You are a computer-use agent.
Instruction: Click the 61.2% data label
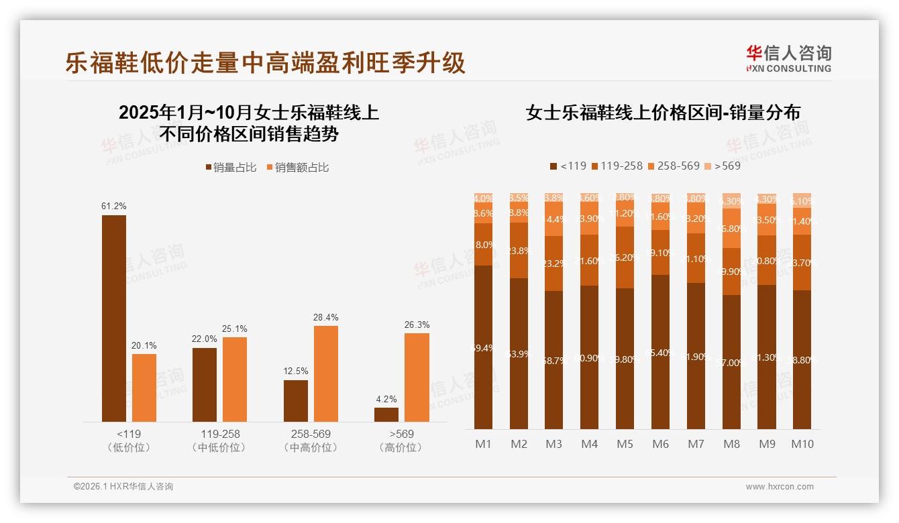pos(113,206)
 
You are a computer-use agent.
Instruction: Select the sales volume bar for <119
pos(114,318)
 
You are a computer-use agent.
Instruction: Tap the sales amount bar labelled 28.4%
pos(326,373)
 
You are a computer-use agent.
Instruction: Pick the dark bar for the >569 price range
pos(386,414)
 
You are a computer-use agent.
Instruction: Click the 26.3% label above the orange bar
pos(417,325)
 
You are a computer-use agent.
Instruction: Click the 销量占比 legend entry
pos(231,168)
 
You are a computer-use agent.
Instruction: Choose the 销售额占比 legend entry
pos(298,168)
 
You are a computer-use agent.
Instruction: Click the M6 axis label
pos(660,444)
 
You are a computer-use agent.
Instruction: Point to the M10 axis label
pos(802,444)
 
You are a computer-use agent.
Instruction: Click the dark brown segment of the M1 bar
pos(483,347)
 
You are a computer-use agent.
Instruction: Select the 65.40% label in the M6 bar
pos(660,353)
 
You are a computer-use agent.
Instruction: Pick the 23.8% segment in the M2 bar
pos(519,250)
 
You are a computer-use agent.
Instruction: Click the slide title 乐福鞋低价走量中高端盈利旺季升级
pos(265,63)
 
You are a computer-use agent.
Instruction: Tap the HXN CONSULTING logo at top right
pos(788,58)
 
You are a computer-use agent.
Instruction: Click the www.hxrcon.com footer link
pos(780,487)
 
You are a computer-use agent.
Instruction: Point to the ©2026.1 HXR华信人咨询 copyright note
pos(123,487)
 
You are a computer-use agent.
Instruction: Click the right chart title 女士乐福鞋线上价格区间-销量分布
pos(663,113)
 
